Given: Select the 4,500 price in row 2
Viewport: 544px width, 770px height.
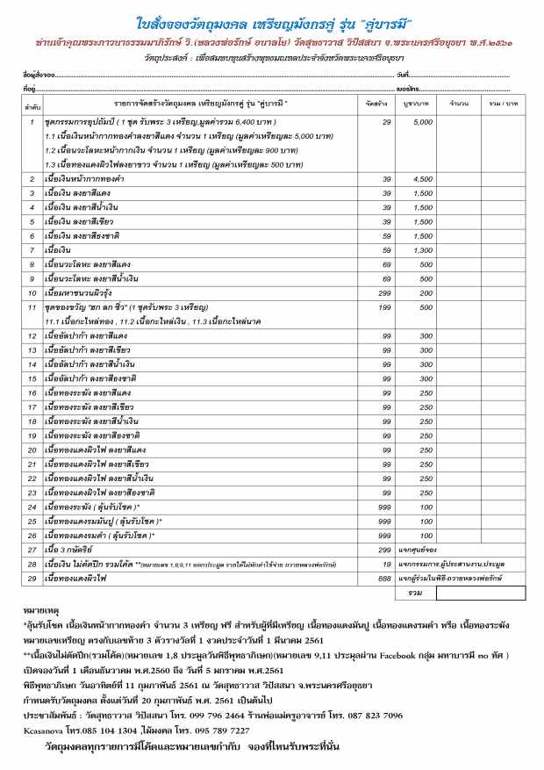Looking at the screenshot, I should tap(422, 178).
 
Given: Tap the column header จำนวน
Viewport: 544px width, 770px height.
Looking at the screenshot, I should tap(457, 104).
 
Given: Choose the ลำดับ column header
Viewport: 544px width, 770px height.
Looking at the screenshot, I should tap(31, 104).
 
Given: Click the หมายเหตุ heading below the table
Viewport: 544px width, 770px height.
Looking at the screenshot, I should tap(40, 608).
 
